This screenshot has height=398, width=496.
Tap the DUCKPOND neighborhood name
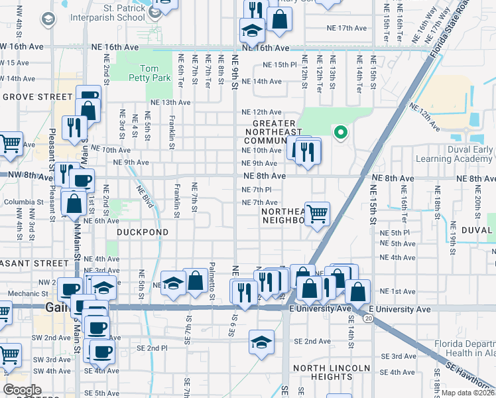pyautogui.click(x=143, y=233)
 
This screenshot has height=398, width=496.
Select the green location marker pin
pyautogui.click(x=340, y=133)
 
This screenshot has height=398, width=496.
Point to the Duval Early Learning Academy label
pyautogui.click(x=454, y=155)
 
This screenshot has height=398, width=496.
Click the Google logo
pyautogui.click(x=23, y=390)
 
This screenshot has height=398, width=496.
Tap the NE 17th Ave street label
pyautogui.click(x=346, y=29)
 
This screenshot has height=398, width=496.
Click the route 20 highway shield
pyautogui.click(x=367, y=319)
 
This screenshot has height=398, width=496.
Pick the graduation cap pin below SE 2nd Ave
pyautogui.click(x=262, y=343)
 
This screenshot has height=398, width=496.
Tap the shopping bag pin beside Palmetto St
pyautogui.click(x=196, y=281)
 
